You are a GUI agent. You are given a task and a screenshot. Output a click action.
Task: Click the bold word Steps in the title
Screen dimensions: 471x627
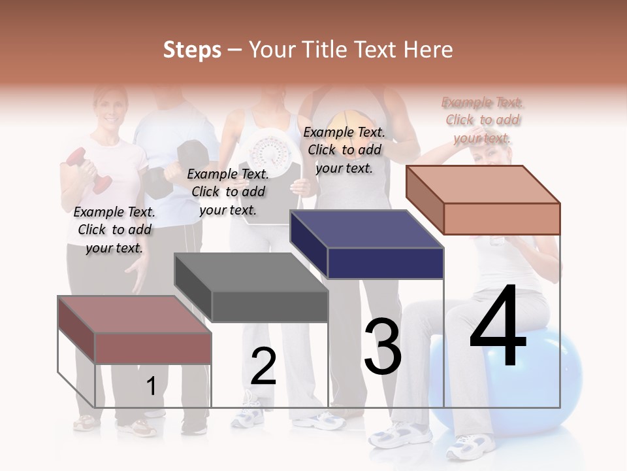click(192, 50)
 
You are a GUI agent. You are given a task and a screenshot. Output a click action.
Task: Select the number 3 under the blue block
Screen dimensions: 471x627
click(383, 347)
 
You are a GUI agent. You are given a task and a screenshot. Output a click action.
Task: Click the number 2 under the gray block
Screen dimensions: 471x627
click(263, 366)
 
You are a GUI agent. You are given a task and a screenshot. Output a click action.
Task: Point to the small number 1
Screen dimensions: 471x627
click(151, 386)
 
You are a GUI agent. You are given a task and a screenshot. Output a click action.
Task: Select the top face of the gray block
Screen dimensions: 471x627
click(251, 272)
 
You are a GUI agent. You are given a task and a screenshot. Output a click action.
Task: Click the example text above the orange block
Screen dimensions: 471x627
click(482, 120)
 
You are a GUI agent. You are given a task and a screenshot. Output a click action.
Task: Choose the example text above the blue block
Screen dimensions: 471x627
click(344, 150)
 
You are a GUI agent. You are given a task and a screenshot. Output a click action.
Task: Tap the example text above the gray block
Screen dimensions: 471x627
click(228, 192)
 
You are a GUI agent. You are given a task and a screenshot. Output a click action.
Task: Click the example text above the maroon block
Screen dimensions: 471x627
click(114, 230)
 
